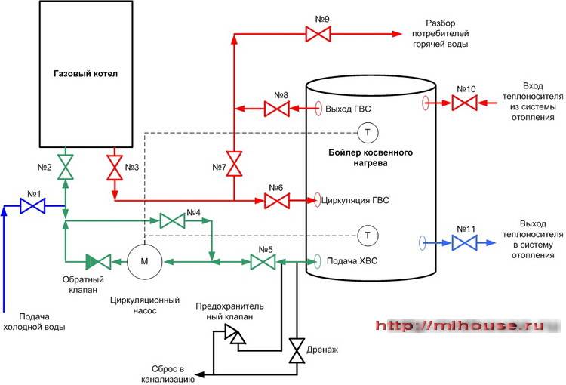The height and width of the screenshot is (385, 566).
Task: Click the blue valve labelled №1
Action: tap(32, 205)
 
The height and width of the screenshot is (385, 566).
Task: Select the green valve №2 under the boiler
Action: tap(66, 166)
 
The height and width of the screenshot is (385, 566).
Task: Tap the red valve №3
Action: tap(115, 166)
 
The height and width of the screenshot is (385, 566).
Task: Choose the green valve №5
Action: tap(263, 262)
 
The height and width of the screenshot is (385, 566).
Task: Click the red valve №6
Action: tap(276, 200)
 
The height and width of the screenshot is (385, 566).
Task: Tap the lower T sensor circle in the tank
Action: tap(368, 236)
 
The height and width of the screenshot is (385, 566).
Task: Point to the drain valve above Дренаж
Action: tap(296, 349)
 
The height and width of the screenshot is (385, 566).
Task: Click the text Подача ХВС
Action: tap(351, 262)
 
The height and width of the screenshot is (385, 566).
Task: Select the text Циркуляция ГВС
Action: tap(355, 201)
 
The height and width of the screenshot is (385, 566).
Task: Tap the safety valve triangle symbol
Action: tap(235, 334)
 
